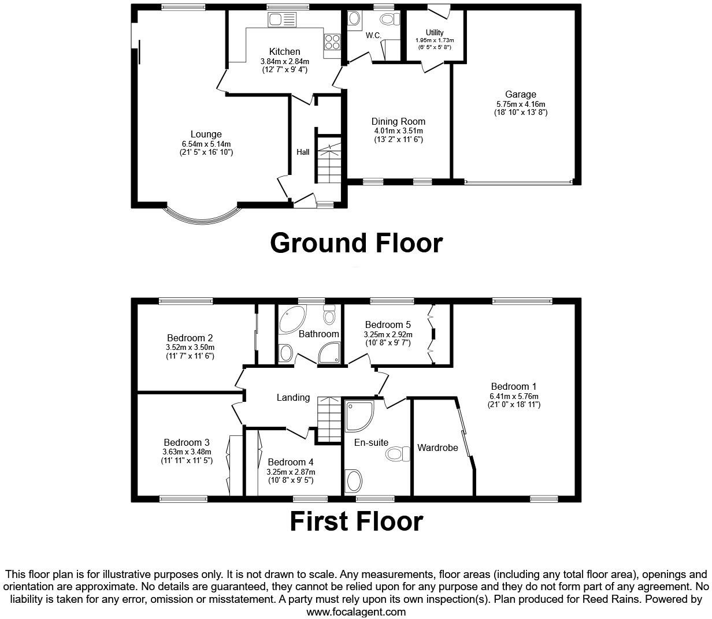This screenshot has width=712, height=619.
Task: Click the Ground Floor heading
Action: (x=356, y=243)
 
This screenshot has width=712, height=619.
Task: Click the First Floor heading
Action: (x=356, y=521)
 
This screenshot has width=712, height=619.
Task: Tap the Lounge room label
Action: (x=206, y=135)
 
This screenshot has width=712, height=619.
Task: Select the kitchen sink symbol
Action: (x=282, y=20)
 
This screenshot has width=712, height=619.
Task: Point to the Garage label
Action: (x=520, y=94)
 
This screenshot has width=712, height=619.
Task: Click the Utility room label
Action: (x=435, y=32)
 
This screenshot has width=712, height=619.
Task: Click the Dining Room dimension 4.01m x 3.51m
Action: (x=398, y=130)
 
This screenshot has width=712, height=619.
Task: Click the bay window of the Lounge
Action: (x=201, y=218)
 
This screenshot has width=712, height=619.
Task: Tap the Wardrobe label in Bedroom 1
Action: (x=437, y=448)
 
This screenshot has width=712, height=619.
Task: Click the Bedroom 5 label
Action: (x=387, y=325)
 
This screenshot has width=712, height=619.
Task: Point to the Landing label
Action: (x=293, y=397)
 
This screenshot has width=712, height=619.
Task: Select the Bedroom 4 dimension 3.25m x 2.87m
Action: (x=291, y=472)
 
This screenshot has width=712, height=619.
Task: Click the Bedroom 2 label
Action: (x=190, y=338)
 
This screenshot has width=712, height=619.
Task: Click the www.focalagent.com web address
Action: (x=356, y=611)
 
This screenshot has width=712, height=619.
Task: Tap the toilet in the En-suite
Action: (x=398, y=454)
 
